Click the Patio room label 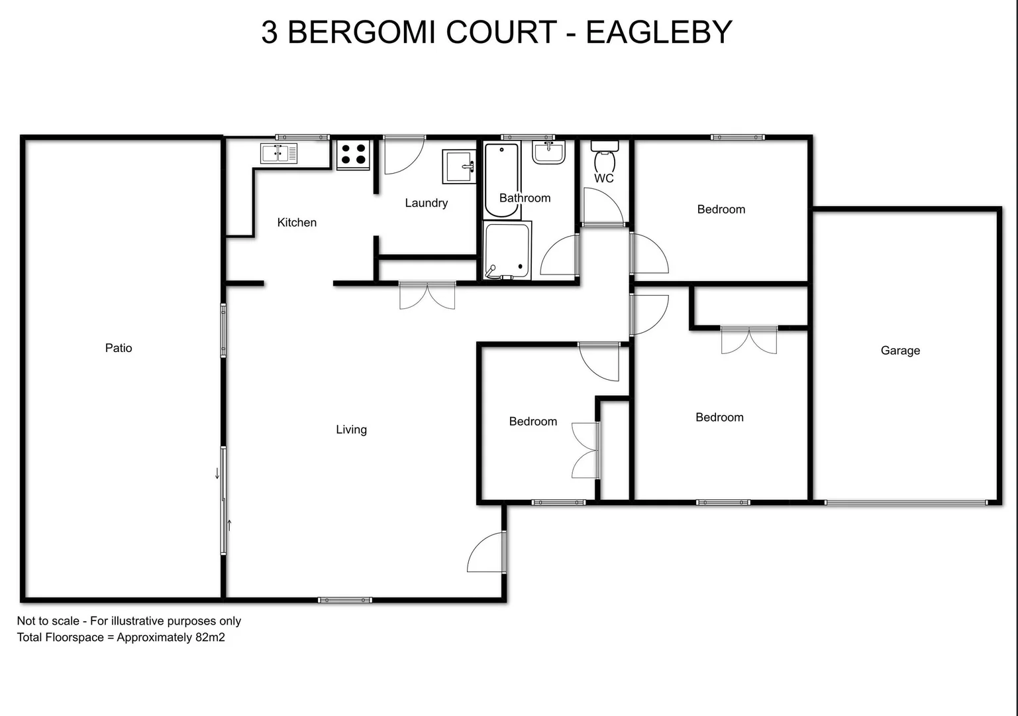click(119, 348)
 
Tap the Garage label click(900, 351)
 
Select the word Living click(351, 430)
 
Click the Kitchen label click(297, 223)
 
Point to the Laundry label click(426, 203)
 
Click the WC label click(603, 178)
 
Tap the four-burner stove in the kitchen click(353, 154)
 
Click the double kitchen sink click(279, 153)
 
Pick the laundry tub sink click(459, 166)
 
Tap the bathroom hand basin click(548, 152)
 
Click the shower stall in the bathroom click(507, 251)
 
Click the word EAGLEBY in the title click(658, 32)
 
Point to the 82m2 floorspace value click(210, 638)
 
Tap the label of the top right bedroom click(721, 209)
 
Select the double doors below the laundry click(427, 296)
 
